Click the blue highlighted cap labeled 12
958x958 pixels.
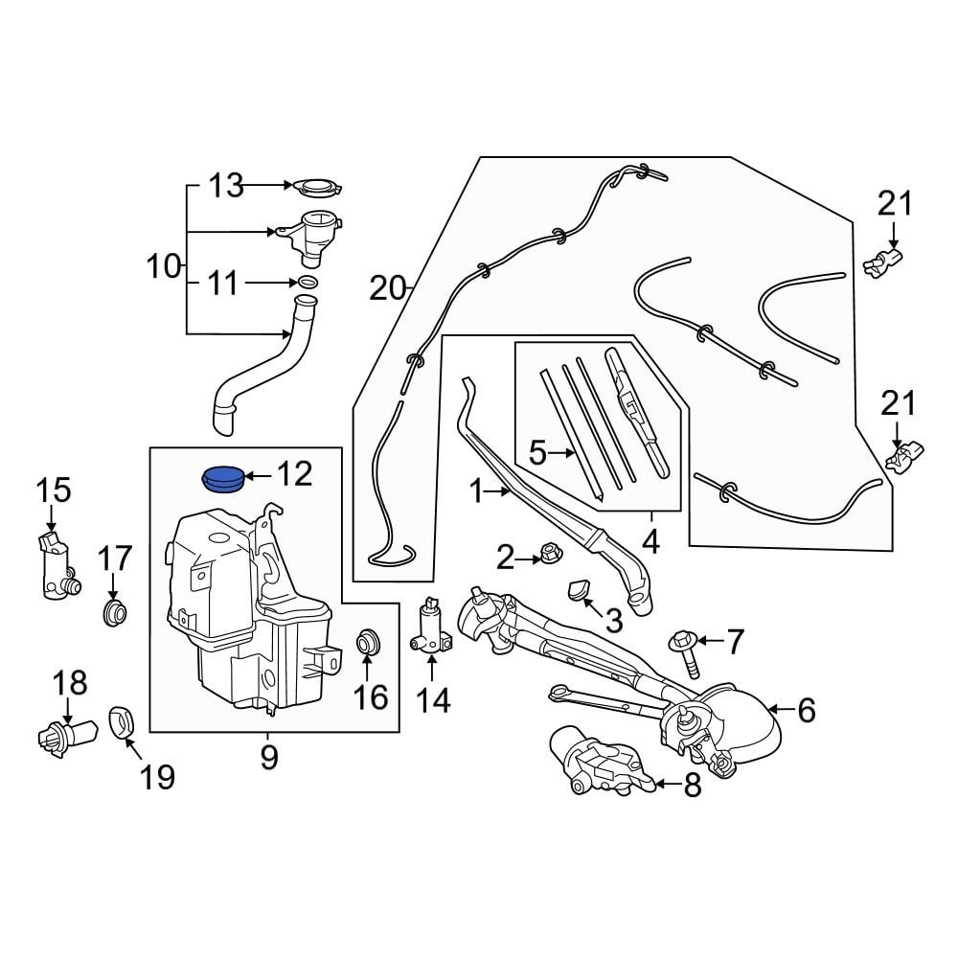pos(222,477)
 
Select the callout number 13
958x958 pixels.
pos(227,185)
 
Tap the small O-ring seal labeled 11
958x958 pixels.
pos(308,283)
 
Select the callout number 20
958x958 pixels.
pos(389,287)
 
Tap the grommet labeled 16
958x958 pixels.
pos(368,641)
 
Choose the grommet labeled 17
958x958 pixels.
pos(114,612)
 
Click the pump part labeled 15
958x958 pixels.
pos(57,569)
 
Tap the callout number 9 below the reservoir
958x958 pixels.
pos(269,757)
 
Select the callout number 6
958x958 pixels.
pos(806,710)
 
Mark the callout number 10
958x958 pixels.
pos(165,266)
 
